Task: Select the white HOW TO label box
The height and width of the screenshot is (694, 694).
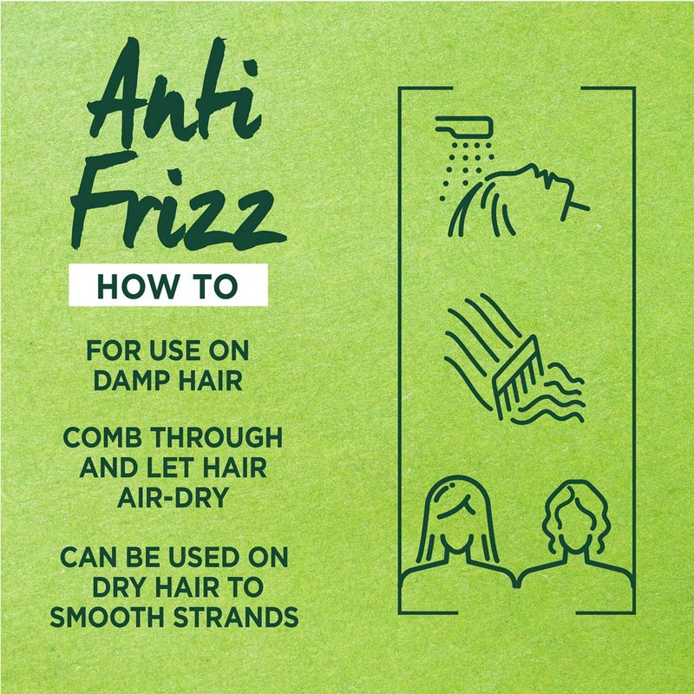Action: [168, 285]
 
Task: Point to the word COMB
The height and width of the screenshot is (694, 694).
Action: [102, 438]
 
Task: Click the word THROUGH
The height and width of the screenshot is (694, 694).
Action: [217, 438]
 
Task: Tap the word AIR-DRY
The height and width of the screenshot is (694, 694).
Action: [173, 497]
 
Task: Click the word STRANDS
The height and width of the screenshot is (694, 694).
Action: [236, 617]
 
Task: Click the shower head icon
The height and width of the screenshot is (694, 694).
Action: [464, 127]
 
